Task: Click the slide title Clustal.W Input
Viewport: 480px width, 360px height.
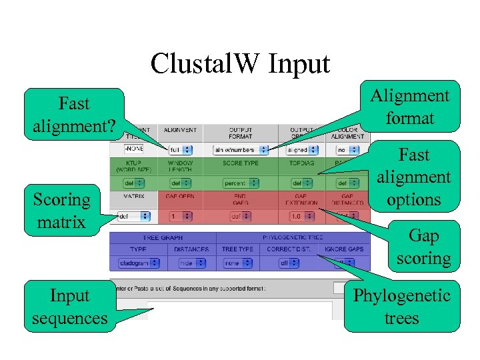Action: click(240, 64)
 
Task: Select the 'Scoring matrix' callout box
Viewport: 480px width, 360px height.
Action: click(62, 211)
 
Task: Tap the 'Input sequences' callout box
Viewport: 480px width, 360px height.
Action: click(69, 307)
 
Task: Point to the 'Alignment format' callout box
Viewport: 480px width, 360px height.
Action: click(410, 107)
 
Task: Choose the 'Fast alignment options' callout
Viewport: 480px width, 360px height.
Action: click(414, 177)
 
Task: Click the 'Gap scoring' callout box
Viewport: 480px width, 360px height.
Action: click(423, 247)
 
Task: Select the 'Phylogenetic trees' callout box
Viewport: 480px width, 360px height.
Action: click(401, 307)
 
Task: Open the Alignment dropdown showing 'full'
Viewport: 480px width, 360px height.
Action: click(180, 150)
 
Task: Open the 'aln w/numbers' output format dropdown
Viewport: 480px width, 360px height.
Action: click(241, 150)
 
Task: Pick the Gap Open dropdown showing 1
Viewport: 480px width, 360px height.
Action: click(180, 217)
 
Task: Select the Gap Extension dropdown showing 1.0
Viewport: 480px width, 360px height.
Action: click(301, 217)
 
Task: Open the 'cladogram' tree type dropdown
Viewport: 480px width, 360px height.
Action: click(139, 263)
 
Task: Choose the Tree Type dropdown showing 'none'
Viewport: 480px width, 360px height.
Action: click(237, 263)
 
